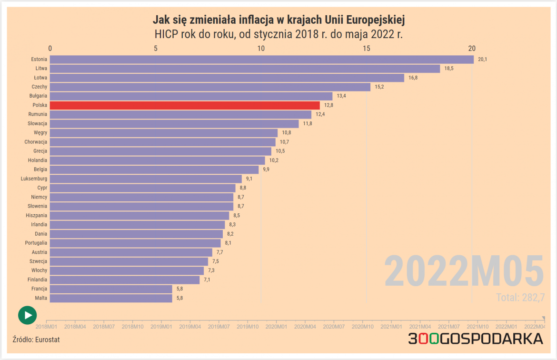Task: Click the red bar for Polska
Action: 185,105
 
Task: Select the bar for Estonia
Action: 262,60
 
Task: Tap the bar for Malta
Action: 111,298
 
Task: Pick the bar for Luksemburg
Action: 146,179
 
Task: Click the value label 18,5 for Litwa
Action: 449,69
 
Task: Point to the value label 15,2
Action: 379,87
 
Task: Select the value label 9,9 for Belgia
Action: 266,170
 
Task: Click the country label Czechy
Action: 40,87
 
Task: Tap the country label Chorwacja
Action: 36,142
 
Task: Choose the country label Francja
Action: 40,289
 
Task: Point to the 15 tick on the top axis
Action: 367,48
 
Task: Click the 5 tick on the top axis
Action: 156,48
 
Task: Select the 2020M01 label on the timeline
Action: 276,327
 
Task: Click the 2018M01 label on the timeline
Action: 47,327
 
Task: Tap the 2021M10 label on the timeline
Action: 477,327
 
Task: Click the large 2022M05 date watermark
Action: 464,271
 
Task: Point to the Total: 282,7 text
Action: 520,298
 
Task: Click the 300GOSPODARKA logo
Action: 475,339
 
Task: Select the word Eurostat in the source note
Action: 48,340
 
